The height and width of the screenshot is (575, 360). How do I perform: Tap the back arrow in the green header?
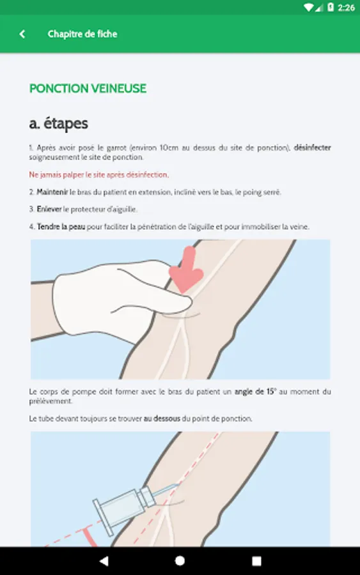tap(22, 34)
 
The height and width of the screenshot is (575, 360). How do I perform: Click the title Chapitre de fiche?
tap(82, 34)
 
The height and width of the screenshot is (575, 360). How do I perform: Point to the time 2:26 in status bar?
tap(346, 7)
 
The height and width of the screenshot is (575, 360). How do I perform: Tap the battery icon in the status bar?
tap(331, 7)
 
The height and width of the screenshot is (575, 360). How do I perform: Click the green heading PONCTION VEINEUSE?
tap(88, 88)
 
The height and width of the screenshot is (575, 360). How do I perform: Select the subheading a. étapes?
tap(58, 123)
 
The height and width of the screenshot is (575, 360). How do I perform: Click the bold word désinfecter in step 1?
tap(312, 148)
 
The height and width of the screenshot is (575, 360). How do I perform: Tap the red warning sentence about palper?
tap(99, 175)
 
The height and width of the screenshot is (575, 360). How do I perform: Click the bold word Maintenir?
tap(52, 192)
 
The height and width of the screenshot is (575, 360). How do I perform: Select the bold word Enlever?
tap(49, 210)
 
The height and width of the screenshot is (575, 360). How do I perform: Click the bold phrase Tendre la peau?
tap(61, 227)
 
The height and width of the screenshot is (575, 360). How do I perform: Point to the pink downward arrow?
tap(186, 270)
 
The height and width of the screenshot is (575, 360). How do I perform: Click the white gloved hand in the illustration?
tap(118, 297)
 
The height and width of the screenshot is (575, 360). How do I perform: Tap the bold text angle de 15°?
tap(255, 392)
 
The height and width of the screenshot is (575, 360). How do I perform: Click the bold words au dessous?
tap(162, 418)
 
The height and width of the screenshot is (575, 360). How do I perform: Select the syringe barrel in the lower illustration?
tap(125, 508)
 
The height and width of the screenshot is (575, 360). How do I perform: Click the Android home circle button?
tap(180, 561)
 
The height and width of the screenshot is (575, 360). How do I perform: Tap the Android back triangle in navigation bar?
tap(104, 561)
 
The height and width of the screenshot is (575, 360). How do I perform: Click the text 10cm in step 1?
tap(169, 148)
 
